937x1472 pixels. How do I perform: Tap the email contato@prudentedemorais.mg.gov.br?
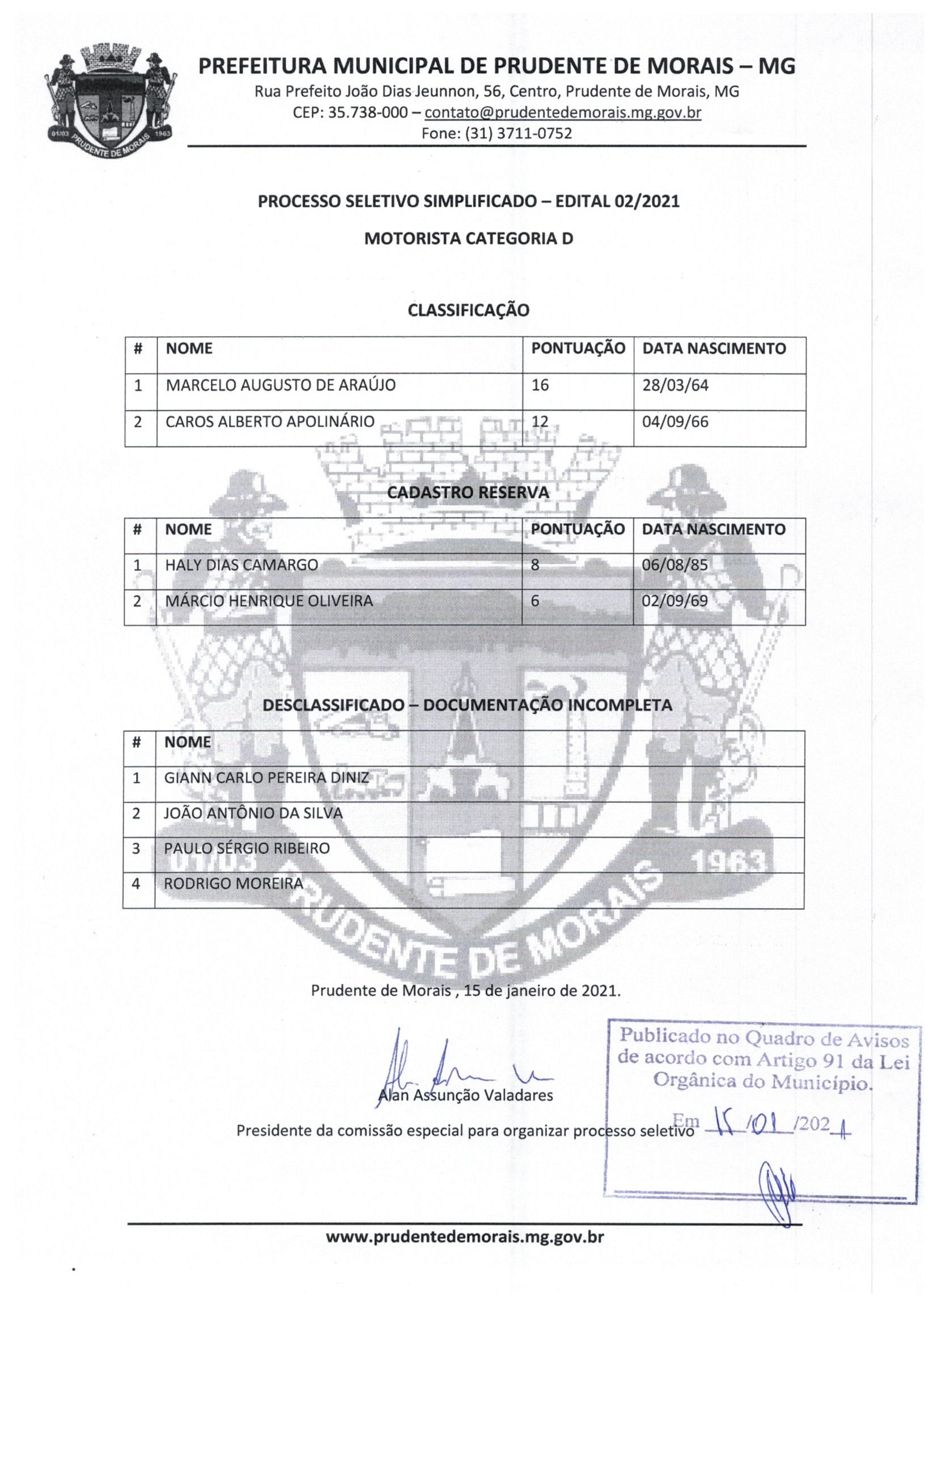point(562,113)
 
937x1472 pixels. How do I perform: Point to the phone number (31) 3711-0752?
point(518,133)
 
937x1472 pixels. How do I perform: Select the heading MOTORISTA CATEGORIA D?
point(468,239)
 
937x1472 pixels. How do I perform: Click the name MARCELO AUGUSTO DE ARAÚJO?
point(281,385)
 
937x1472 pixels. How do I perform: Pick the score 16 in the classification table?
point(540,385)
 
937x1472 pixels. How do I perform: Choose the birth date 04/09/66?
point(675,422)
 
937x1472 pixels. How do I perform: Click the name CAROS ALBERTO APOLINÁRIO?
point(270,422)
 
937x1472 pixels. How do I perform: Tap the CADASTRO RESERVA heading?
point(468,492)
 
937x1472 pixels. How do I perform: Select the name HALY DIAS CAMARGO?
point(241,565)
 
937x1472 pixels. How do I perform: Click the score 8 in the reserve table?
point(535,565)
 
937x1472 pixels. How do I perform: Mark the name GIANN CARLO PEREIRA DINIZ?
point(266,777)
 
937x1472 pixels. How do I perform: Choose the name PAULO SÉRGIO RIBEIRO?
point(247,849)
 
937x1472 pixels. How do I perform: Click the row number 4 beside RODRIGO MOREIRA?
point(137,884)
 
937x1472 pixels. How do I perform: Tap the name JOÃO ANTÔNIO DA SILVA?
point(253,813)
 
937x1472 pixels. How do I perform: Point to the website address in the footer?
point(465,1238)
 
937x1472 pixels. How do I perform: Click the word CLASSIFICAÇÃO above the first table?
point(468,310)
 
